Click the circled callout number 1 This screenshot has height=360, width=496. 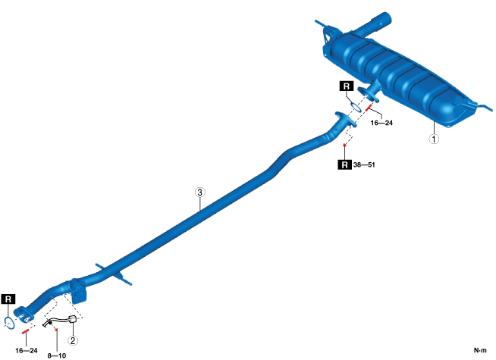coord(433,139)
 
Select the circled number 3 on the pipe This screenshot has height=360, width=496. coord(199,193)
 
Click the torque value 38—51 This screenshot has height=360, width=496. coord(370,164)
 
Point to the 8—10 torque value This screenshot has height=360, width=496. coord(58,353)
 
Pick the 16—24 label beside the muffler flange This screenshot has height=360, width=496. coord(380,121)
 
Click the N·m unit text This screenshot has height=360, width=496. coord(479,349)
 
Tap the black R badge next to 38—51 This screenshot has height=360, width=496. coord(346,164)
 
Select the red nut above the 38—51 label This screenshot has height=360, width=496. coord(345,145)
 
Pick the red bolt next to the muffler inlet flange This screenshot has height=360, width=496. coord(369,108)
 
